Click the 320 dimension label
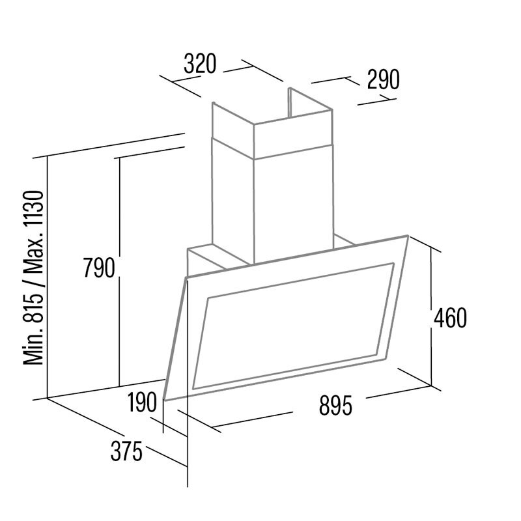click(200, 63)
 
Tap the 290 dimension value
click(383, 79)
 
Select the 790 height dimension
click(99, 268)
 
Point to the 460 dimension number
click(450, 318)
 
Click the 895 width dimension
click(335, 406)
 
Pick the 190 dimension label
click(142, 402)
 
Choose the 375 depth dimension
click(126, 451)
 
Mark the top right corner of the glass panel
click(408, 236)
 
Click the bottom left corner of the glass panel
click(165, 401)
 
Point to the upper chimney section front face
click(293, 134)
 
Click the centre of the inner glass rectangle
click(293, 326)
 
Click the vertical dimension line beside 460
click(431, 317)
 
